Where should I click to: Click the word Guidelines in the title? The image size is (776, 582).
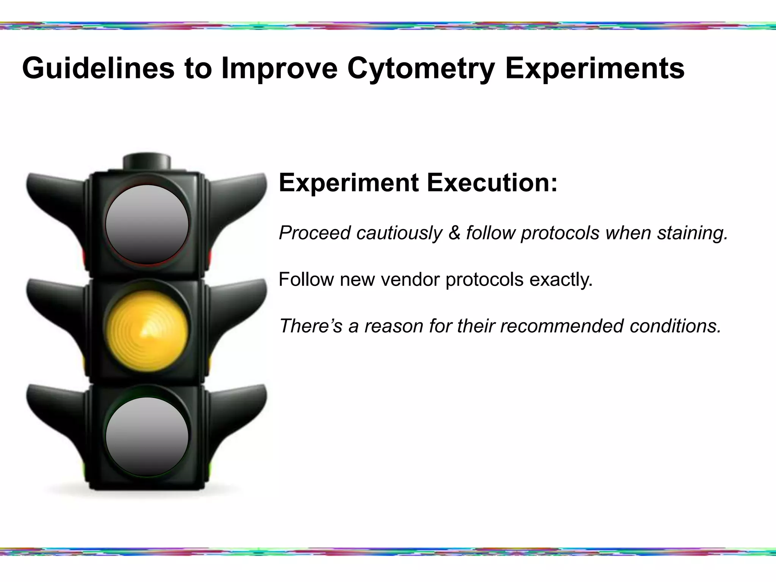click(99, 68)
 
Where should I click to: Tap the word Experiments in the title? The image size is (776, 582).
click(595, 68)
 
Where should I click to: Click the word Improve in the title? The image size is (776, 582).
click(279, 68)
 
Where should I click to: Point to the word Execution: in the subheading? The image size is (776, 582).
click(492, 183)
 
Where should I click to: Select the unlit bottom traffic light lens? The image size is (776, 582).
click(147, 436)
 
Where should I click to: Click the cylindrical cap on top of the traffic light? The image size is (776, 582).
click(147, 161)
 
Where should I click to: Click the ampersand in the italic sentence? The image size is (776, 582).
click(454, 233)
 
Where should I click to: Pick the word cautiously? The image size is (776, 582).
click(399, 233)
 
